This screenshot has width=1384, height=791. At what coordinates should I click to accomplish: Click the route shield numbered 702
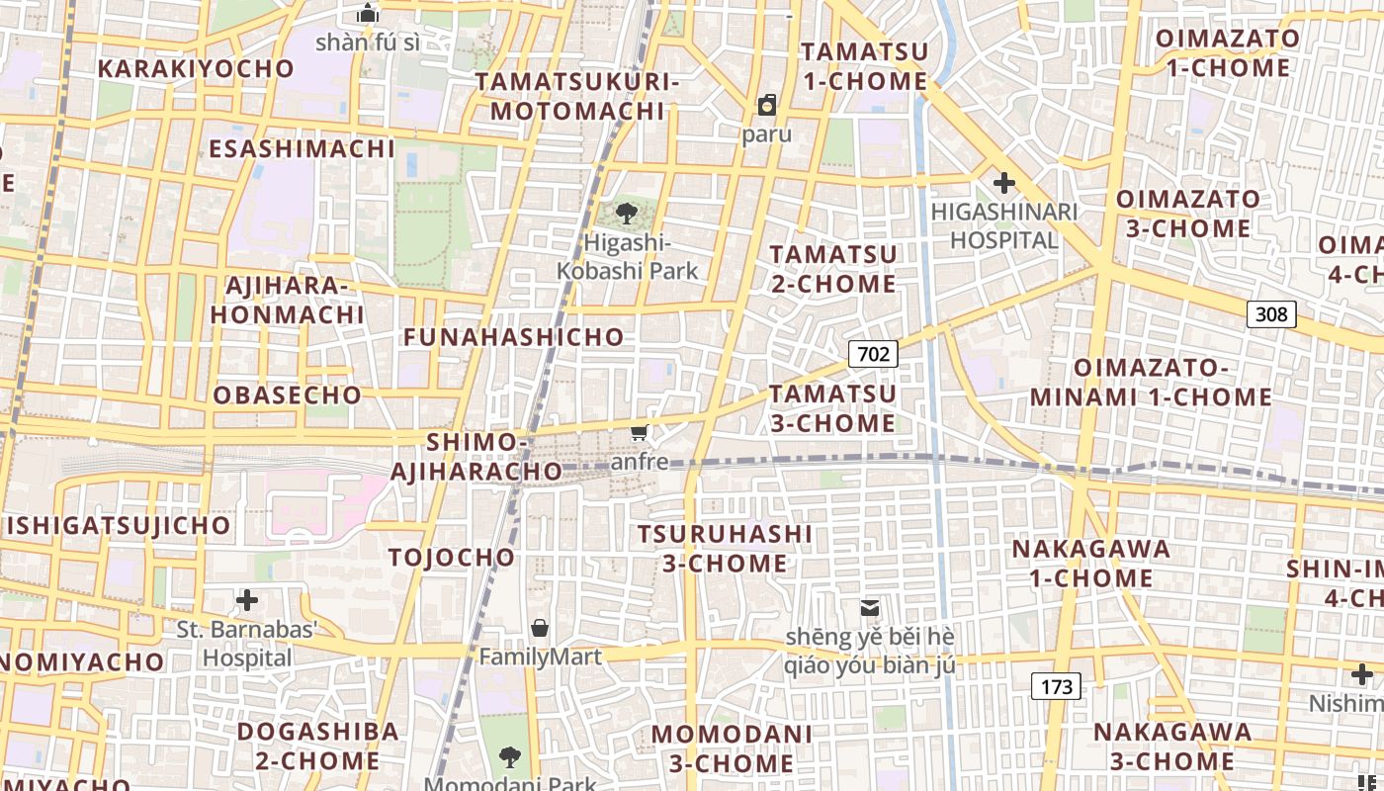(873, 354)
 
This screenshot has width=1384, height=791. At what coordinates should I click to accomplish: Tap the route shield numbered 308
(1271, 314)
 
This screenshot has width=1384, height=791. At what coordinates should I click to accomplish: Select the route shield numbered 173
(1057, 686)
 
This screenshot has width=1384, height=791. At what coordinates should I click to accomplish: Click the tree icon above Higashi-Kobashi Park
(626, 213)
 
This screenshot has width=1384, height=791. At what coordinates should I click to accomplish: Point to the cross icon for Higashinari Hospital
(1004, 183)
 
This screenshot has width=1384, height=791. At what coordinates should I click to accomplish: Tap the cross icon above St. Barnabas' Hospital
(247, 600)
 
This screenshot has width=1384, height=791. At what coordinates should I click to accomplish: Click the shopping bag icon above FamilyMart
(540, 628)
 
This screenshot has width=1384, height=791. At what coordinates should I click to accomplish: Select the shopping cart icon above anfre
(640, 432)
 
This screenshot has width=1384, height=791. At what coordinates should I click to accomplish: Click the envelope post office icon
(870, 608)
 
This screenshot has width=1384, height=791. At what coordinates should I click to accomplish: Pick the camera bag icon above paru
(767, 105)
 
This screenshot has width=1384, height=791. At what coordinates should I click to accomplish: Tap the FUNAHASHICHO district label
(514, 337)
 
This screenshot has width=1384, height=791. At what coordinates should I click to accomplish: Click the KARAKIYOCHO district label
(196, 68)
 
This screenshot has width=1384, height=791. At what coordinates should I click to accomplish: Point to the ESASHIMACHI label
(302, 149)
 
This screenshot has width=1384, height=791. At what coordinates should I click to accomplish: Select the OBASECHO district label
(288, 395)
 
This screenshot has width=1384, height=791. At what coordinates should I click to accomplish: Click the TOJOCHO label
(452, 557)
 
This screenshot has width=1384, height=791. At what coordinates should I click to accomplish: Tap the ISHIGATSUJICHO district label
(119, 525)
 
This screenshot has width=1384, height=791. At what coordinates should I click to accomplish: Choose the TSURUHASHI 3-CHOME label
(725, 549)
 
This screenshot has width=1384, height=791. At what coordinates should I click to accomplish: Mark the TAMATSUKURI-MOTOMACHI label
(577, 96)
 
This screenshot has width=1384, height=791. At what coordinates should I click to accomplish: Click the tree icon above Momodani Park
(510, 757)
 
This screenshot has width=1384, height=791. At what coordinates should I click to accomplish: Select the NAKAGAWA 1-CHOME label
(1091, 563)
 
